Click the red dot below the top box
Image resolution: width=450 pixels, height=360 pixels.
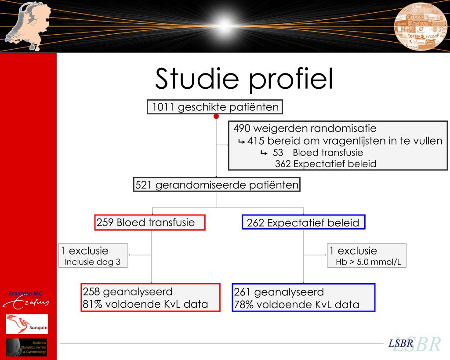click(x=216, y=116)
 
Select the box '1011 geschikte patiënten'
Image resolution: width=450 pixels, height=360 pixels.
click(x=215, y=107)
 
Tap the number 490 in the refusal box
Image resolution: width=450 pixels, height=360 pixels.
click(x=242, y=129)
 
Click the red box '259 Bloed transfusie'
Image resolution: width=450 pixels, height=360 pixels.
click(x=150, y=222)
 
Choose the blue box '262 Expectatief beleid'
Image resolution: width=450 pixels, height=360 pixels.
click(x=303, y=223)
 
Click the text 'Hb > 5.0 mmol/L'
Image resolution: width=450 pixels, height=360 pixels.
click(x=367, y=262)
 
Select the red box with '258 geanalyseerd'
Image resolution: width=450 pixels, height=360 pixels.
click(x=150, y=298)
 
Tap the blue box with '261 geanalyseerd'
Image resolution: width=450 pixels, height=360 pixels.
click(x=303, y=298)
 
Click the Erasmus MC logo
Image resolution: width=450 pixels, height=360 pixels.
click(x=26, y=298)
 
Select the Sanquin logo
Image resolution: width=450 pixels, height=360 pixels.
click(x=27, y=324)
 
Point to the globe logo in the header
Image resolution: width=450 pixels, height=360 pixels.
click(x=420, y=27)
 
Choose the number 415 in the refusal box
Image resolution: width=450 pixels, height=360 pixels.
click(x=257, y=141)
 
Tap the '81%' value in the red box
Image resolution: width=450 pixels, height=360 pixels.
click(x=91, y=304)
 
